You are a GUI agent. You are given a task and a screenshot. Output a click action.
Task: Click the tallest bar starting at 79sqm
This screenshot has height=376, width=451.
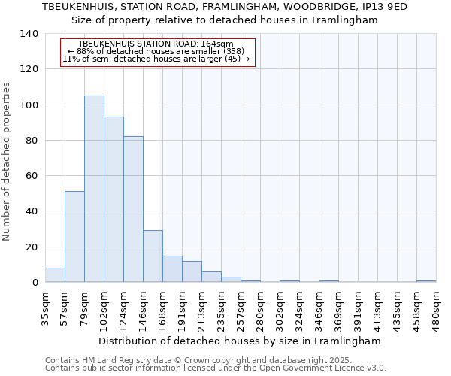pyautogui.click(x=94, y=189)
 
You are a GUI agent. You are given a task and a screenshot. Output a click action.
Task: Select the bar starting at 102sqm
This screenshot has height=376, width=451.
pyautogui.click(x=114, y=199)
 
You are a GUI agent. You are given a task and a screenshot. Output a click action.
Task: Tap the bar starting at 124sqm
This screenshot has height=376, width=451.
pyautogui.click(x=133, y=209)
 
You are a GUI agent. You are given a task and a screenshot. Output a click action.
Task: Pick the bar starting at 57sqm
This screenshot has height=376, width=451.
pyautogui.click(x=74, y=237)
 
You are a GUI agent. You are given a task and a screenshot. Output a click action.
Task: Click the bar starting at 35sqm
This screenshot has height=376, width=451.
pyautogui.click(x=55, y=275)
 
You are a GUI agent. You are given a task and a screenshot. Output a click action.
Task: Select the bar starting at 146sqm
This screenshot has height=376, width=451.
pyautogui.click(x=153, y=256)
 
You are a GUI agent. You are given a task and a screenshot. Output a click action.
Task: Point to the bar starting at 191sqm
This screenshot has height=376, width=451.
pyautogui.click(x=192, y=271)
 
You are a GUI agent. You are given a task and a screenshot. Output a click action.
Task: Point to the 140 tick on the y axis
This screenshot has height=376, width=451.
pyautogui.click(x=29, y=34)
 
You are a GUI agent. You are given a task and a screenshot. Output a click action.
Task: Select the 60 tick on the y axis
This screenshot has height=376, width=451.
pyautogui.click(x=32, y=176)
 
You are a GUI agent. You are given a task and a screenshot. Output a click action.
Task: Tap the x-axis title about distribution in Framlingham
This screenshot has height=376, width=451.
pyautogui.click(x=240, y=341)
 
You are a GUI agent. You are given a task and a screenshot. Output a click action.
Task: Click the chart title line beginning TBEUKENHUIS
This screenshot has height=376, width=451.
pyautogui.click(x=225, y=7)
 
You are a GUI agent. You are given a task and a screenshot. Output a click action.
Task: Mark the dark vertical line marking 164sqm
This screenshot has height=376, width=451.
pyautogui.click(x=159, y=173)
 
